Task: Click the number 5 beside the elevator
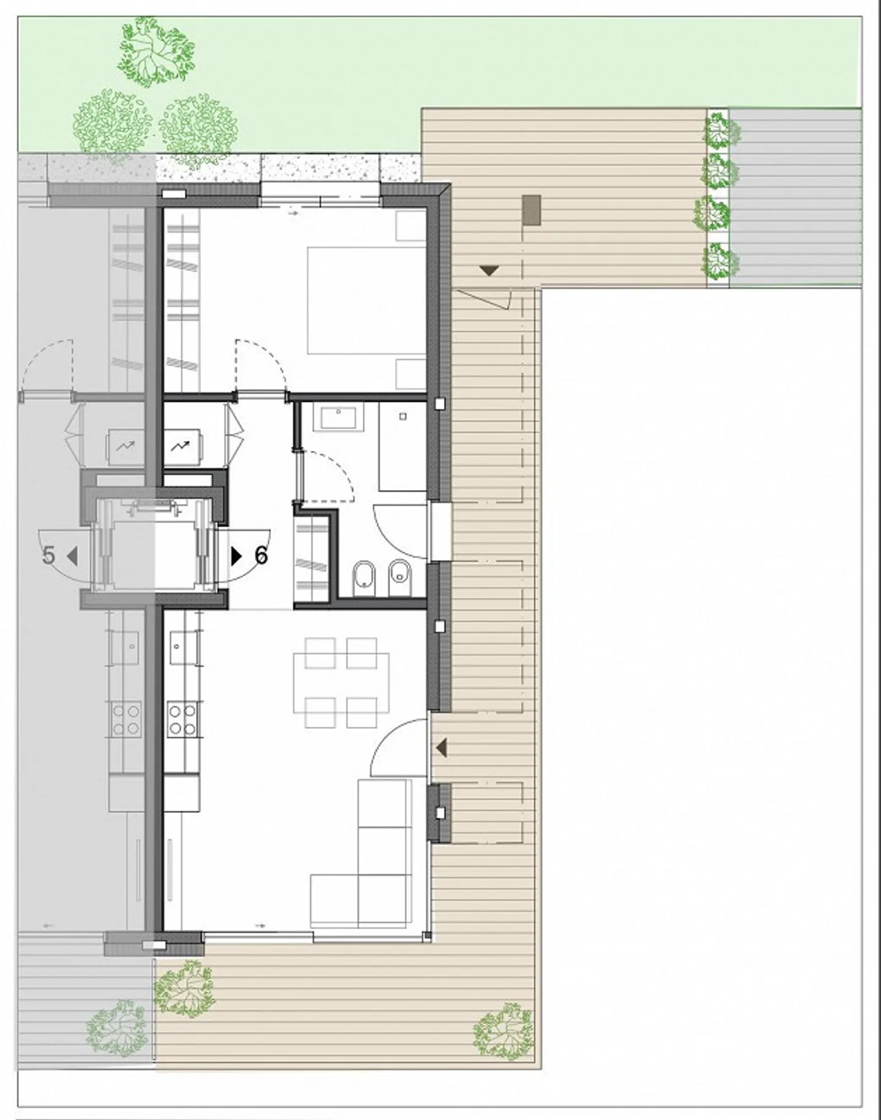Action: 49,555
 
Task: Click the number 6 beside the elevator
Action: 261,555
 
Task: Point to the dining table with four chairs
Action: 341,683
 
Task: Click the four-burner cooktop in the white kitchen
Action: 182,719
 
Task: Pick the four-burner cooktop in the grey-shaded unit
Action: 125,719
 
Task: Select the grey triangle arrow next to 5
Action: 72,556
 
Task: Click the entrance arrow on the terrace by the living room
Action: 441,747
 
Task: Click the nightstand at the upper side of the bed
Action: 409,226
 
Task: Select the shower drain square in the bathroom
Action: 403,417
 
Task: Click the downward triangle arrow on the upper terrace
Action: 489,270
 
